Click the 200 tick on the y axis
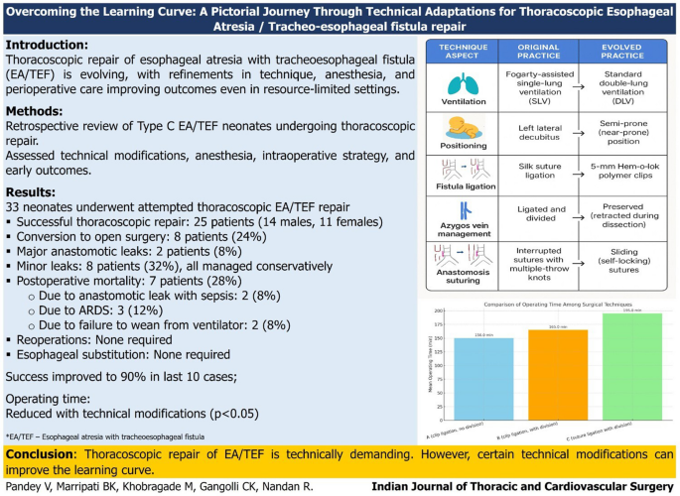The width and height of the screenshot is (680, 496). [440, 311]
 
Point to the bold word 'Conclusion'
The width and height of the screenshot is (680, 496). [43, 452]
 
